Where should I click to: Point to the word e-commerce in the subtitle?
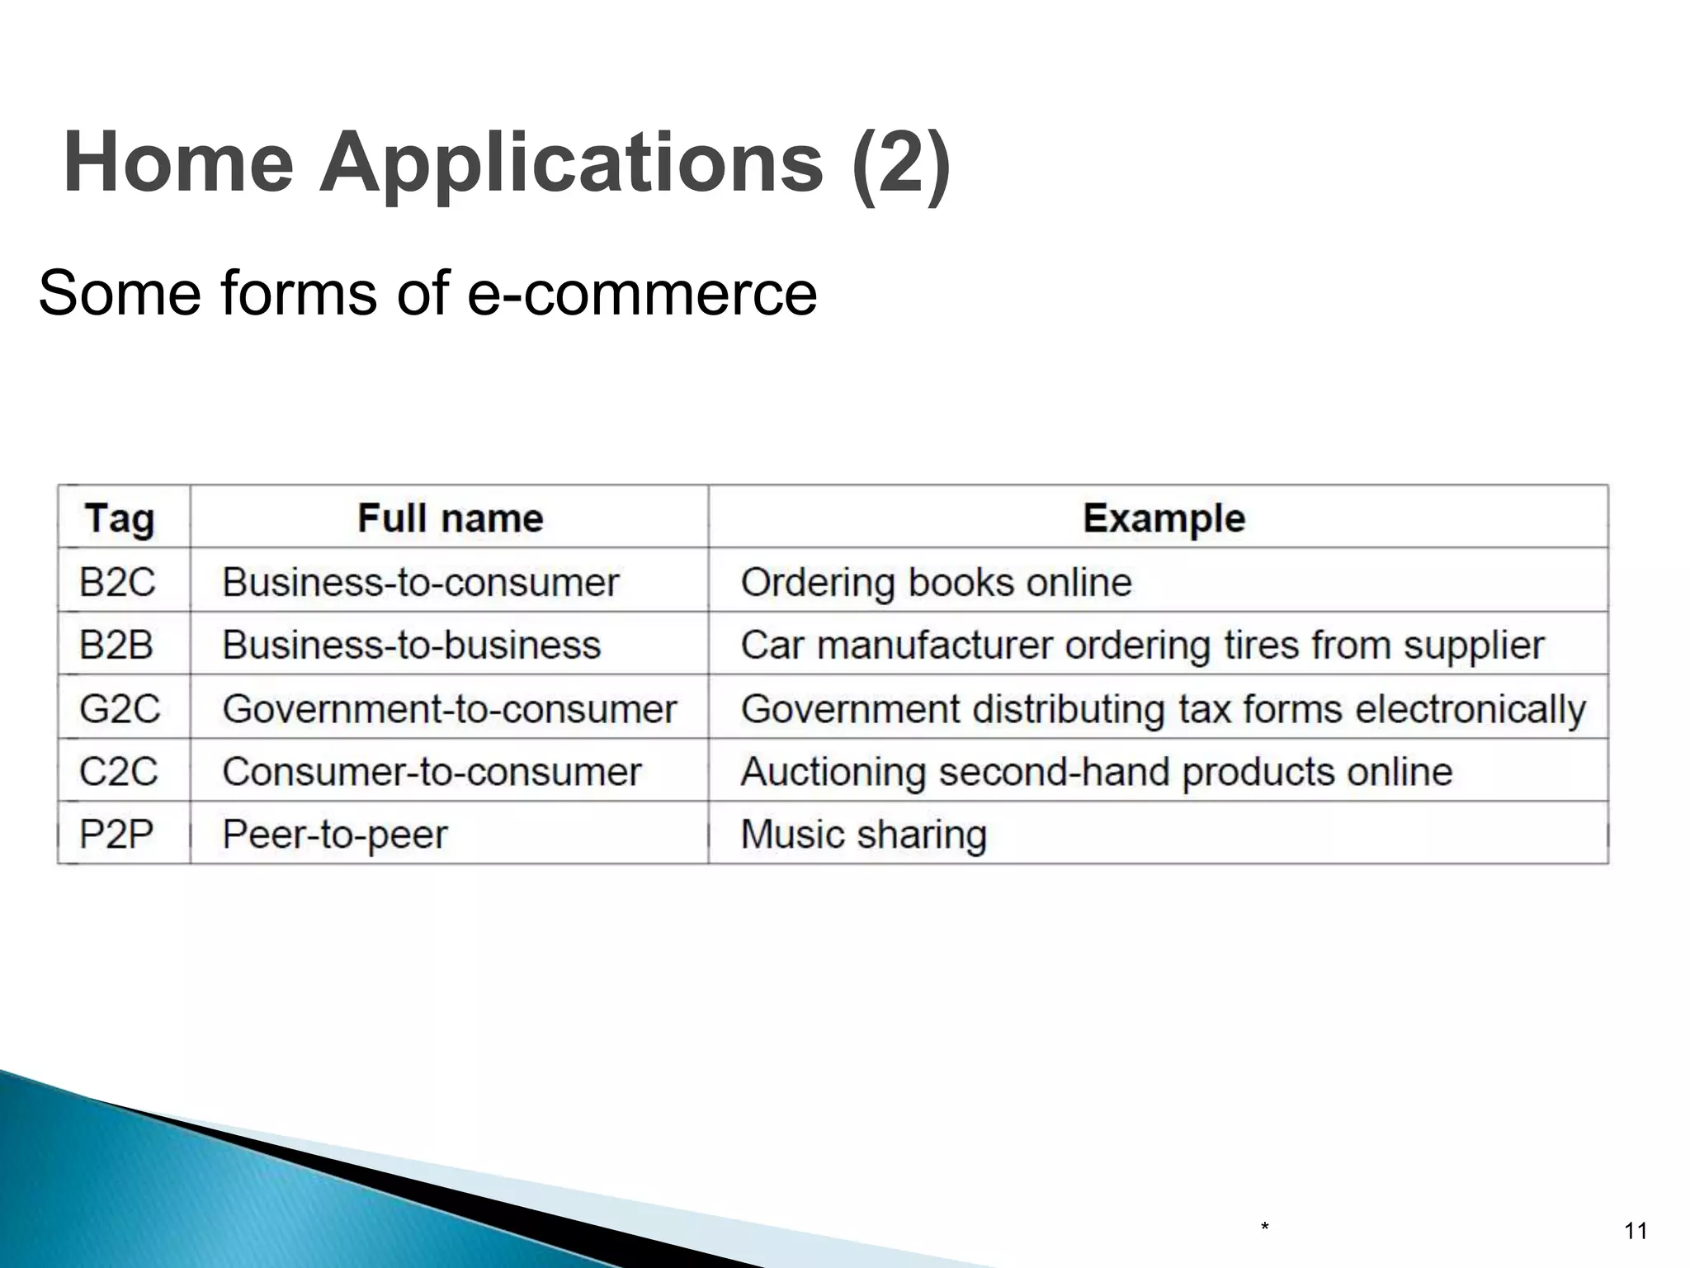642,293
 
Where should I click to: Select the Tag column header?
120,518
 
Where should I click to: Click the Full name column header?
451,518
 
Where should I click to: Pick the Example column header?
1164,518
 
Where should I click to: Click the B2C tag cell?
117,582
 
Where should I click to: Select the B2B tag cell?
116,645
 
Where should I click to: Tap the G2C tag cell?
120,708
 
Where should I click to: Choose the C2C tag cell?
118,772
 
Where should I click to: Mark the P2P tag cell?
116,835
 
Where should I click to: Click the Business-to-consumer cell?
421,582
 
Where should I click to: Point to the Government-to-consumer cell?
450,708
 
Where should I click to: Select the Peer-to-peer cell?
335,835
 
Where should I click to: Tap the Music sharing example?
863,835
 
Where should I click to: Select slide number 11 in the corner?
1636,1232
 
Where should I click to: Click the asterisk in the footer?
1264,1228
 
